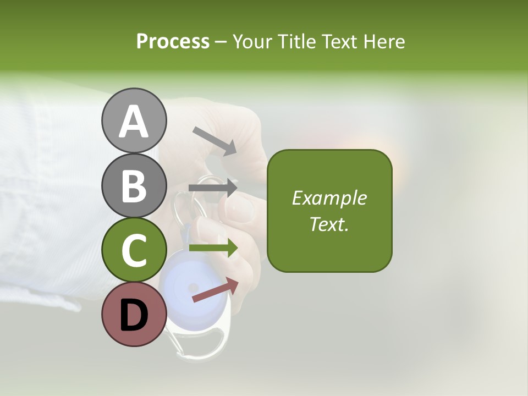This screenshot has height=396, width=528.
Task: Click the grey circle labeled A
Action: click(134, 120)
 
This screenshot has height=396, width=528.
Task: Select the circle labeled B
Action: click(134, 185)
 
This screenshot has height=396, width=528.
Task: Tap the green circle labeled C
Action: click(134, 250)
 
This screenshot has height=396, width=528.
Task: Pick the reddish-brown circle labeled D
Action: click(134, 315)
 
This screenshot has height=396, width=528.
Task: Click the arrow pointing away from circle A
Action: click(215, 141)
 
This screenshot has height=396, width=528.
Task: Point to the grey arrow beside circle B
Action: click(213, 188)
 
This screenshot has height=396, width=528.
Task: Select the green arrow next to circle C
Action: click(213, 248)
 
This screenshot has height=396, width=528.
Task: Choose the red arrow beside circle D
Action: click(215, 290)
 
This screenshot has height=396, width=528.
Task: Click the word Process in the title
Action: click(173, 41)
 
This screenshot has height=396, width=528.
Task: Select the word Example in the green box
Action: click(329, 198)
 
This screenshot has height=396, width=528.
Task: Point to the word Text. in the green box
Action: click(329, 224)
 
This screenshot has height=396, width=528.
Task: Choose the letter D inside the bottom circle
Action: click(134, 316)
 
